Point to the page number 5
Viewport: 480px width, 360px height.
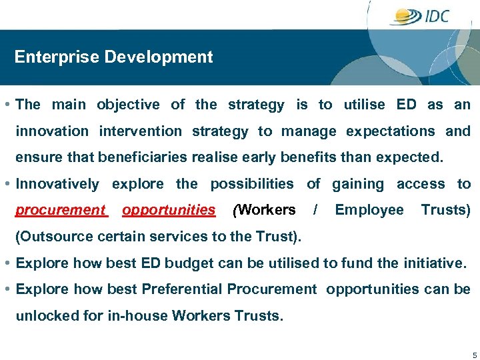[x=474, y=354]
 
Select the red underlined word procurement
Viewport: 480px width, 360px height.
[x=61, y=210]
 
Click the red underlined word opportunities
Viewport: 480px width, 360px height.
[x=169, y=210]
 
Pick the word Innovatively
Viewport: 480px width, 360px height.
[x=57, y=184]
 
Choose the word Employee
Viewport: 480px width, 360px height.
[x=369, y=210]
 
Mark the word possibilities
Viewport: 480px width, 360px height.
[x=251, y=184]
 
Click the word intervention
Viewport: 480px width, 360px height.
[x=140, y=131]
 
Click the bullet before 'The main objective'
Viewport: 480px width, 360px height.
[x=6, y=105]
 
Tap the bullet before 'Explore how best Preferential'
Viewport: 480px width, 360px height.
[x=6, y=289]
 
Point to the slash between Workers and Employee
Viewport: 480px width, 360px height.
[x=315, y=210]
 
